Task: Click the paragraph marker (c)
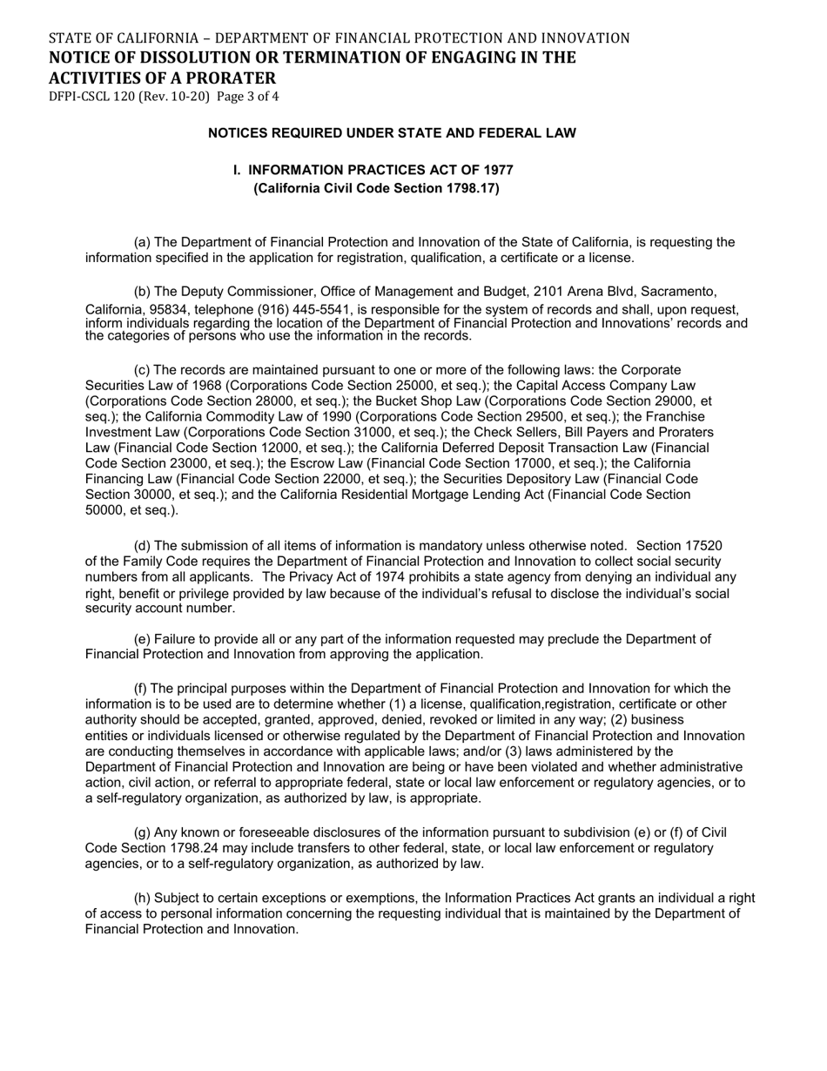142,370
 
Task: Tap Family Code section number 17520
704,546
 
